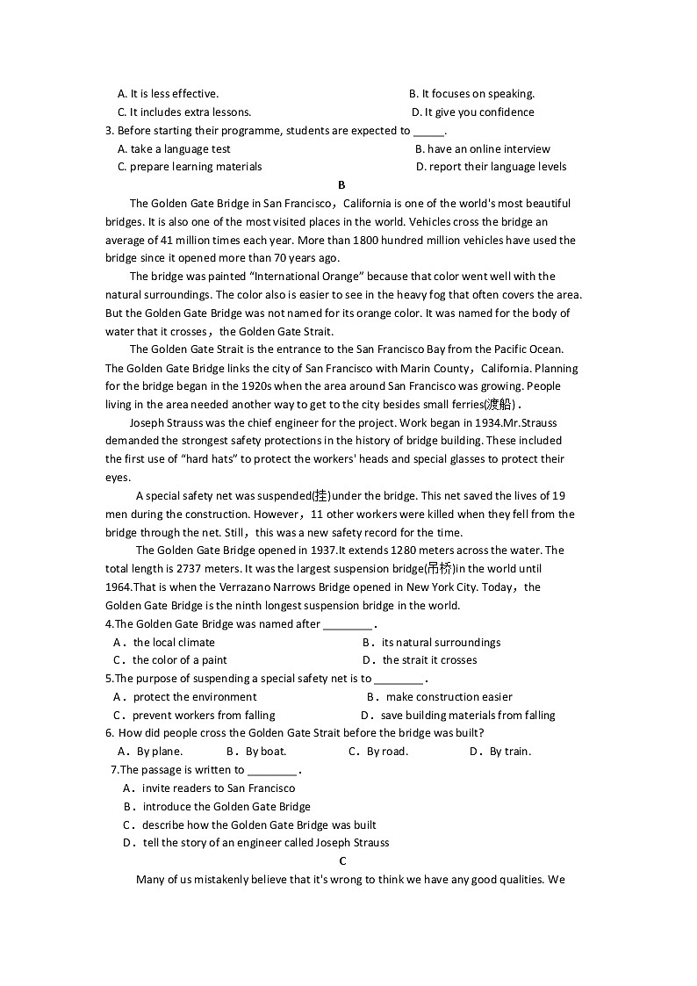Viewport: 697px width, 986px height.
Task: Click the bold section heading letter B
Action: [341, 184]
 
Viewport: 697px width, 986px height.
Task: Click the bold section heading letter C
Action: [342, 860]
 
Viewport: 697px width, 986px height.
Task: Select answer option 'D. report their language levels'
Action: [491, 167]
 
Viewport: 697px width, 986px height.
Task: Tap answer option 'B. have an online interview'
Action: [482, 148]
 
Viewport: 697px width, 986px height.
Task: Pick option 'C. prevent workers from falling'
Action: [194, 716]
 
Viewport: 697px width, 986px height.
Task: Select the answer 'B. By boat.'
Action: [256, 752]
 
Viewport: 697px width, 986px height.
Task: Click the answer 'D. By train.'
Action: [500, 752]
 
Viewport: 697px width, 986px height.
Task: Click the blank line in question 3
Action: [428, 132]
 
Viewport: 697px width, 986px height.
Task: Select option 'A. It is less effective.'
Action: [168, 94]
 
